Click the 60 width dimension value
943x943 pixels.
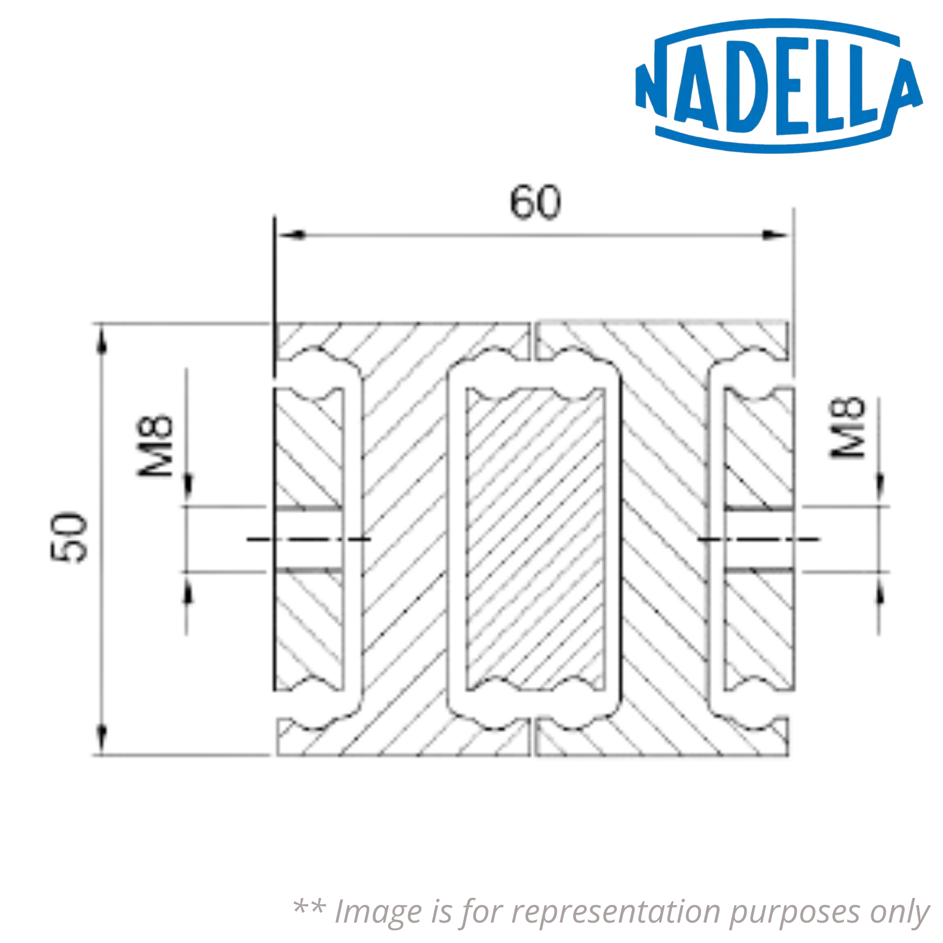[535, 202]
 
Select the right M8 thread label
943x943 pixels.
[848, 429]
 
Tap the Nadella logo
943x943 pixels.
[778, 87]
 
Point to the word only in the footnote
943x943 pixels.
[900, 912]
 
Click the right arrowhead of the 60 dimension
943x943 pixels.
[774, 234]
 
